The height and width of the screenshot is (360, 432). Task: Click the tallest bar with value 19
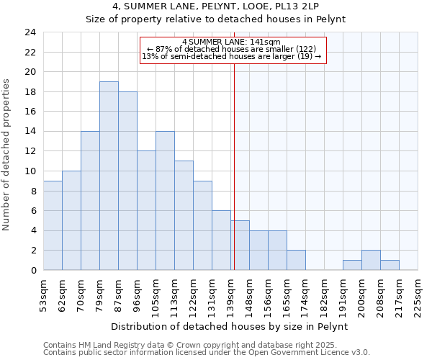[x=109, y=176]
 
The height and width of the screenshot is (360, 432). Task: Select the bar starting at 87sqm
[x=127, y=181]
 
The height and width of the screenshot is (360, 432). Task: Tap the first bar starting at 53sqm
[x=53, y=225]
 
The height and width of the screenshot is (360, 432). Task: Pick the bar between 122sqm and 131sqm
[x=202, y=225]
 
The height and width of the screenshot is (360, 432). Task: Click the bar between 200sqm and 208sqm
[x=371, y=260]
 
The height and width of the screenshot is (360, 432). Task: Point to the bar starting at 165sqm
[x=296, y=260]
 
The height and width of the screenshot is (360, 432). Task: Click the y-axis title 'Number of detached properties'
[x=8, y=154]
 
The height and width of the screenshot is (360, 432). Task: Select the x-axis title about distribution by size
[x=230, y=326]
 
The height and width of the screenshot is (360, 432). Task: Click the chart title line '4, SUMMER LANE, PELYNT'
[x=216, y=7]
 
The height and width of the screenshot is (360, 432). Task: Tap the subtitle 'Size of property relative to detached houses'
[x=216, y=19]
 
